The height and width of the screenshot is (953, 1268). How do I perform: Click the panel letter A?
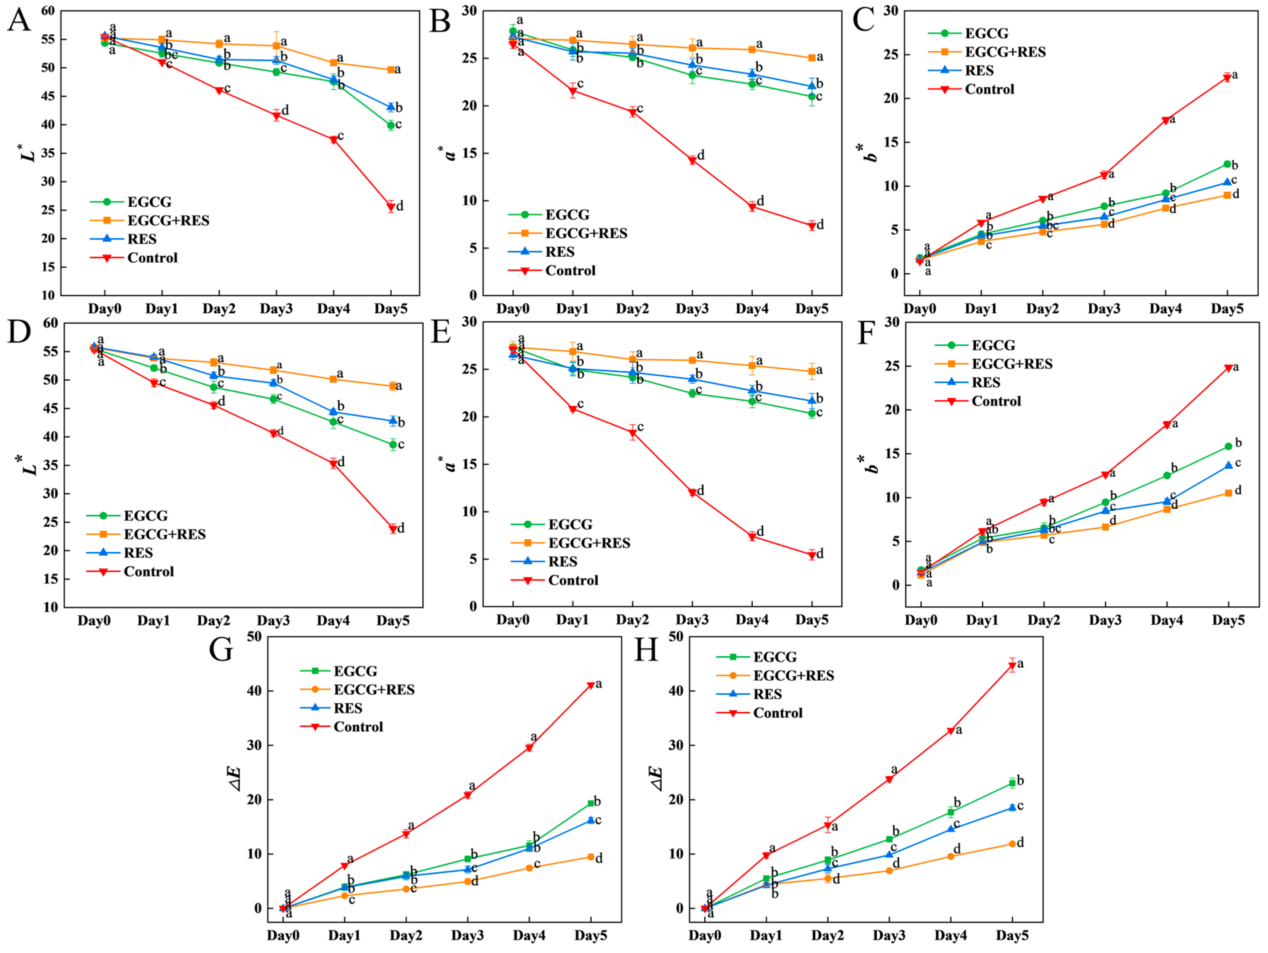point(19,21)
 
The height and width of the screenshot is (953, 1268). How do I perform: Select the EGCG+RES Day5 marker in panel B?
point(812,58)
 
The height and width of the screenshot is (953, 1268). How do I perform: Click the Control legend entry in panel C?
point(989,89)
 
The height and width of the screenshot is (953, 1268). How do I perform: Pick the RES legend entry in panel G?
point(348,708)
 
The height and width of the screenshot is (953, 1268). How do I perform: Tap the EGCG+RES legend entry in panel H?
point(793,676)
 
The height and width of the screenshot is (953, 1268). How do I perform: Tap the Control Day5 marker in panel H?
point(1012,666)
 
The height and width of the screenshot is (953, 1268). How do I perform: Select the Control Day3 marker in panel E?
point(692,493)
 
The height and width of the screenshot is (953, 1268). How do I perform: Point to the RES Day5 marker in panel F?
point(1229,465)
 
